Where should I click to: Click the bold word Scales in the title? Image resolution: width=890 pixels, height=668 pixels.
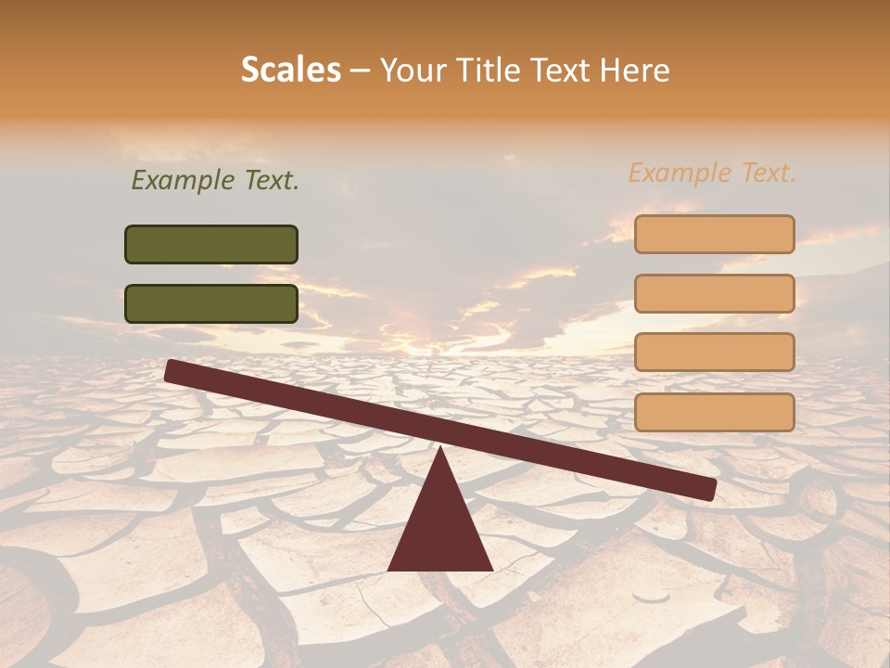click(x=291, y=71)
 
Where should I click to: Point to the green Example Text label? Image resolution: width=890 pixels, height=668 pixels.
click(x=215, y=181)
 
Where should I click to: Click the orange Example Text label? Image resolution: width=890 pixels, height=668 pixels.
click(x=712, y=173)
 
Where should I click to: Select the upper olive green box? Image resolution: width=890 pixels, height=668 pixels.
click(x=211, y=244)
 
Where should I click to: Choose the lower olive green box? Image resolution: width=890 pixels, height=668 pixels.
click(x=211, y=303)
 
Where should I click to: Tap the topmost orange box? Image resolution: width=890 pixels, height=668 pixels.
click(x=714, y=234)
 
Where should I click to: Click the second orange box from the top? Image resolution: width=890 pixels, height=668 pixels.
click(x=714, y=293)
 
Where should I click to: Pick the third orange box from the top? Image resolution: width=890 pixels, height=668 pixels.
click(x=714, y=353)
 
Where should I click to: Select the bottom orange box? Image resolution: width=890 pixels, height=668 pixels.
click(x=714, y=412)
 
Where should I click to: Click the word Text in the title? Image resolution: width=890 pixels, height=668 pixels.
click(x=565, y=71)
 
